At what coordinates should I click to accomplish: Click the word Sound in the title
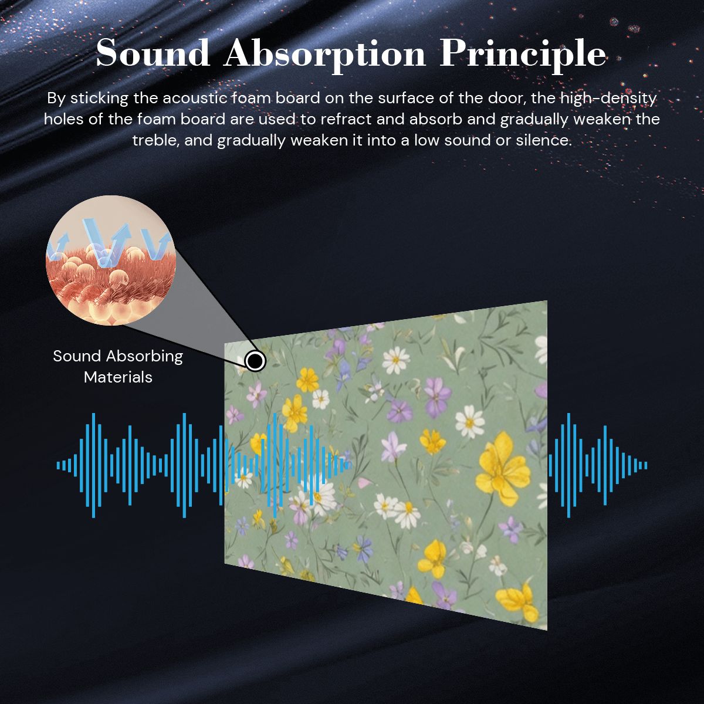click(x=153, y=53)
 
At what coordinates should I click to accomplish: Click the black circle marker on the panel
click(x=255, y=361)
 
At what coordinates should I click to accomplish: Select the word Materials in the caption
click(x=118, y=377)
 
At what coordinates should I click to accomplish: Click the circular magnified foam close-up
click(x=111, y=260)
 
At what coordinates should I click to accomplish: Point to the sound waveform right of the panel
click(x=598, y=465)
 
